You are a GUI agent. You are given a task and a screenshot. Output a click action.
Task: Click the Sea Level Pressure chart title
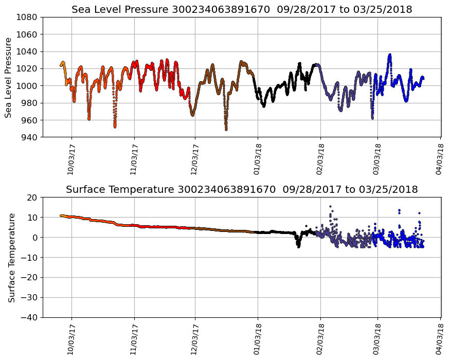242,9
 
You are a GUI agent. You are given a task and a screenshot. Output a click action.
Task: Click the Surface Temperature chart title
242,189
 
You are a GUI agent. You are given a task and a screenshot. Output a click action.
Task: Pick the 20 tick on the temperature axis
33,197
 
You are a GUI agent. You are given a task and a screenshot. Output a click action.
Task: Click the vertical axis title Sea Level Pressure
9,77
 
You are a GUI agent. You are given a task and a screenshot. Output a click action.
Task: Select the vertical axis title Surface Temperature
11,257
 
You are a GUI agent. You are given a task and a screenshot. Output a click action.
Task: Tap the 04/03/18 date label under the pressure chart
440,159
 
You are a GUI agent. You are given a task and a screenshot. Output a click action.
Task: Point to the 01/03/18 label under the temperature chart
258,339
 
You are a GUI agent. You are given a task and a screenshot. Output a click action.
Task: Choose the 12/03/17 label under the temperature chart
195,339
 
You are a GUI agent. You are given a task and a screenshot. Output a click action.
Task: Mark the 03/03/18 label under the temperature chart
377,339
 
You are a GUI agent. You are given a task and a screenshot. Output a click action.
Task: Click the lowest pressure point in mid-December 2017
226,129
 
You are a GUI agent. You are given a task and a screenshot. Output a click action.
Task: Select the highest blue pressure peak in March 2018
390,55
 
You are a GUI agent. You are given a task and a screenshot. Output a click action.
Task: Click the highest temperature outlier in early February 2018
330,206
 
